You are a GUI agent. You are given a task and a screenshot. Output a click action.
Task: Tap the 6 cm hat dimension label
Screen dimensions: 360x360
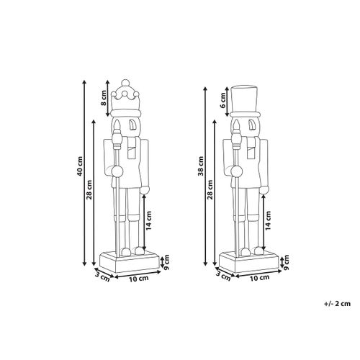224,106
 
